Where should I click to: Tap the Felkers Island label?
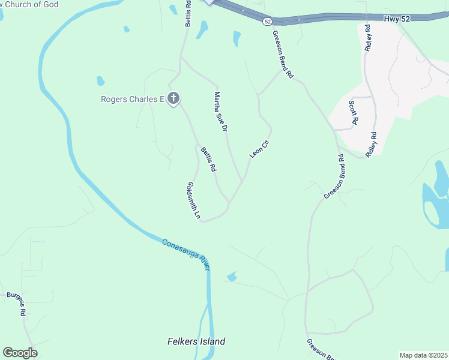point(196,341)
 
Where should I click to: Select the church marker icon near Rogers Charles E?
point(173,98)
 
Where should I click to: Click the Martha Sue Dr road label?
point(221,111)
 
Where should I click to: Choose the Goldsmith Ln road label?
point(193,200)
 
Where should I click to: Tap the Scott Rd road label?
point(354,113)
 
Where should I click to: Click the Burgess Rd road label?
point(16,304)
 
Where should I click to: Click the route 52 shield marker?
point(267,21)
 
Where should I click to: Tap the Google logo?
point(20,352)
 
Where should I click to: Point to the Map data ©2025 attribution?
point(423,355)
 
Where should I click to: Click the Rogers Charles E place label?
point(132,99)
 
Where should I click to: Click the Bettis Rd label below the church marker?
point(208,160)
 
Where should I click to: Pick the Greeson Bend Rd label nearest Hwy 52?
point(282,55)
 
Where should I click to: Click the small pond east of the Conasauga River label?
point(232,277)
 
